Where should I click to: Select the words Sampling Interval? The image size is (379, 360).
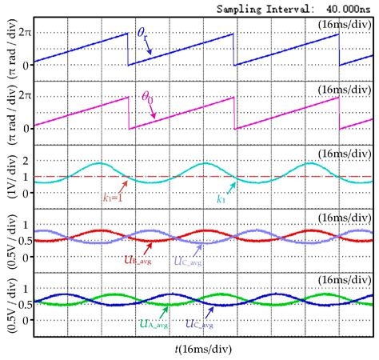click(273, 6)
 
